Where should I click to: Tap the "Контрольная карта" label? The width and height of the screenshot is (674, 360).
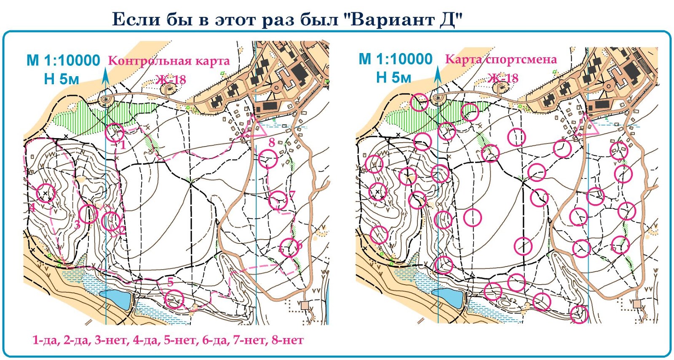point(169,61)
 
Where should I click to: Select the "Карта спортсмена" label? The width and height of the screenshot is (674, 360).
point(501,59)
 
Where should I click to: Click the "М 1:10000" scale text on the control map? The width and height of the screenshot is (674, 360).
point(63,61)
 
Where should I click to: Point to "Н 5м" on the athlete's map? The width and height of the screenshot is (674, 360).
point(393,77)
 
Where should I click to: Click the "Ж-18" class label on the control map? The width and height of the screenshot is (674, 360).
point(171,79)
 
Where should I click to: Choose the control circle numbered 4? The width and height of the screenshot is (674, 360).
point(46,193)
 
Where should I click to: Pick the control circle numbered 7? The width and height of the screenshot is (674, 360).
point(278,200)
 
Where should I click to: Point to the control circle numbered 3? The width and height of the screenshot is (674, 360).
point(88,214)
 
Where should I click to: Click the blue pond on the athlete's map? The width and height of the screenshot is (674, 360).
point(449,297)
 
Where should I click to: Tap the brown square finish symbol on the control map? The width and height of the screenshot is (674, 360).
point(305,305)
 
